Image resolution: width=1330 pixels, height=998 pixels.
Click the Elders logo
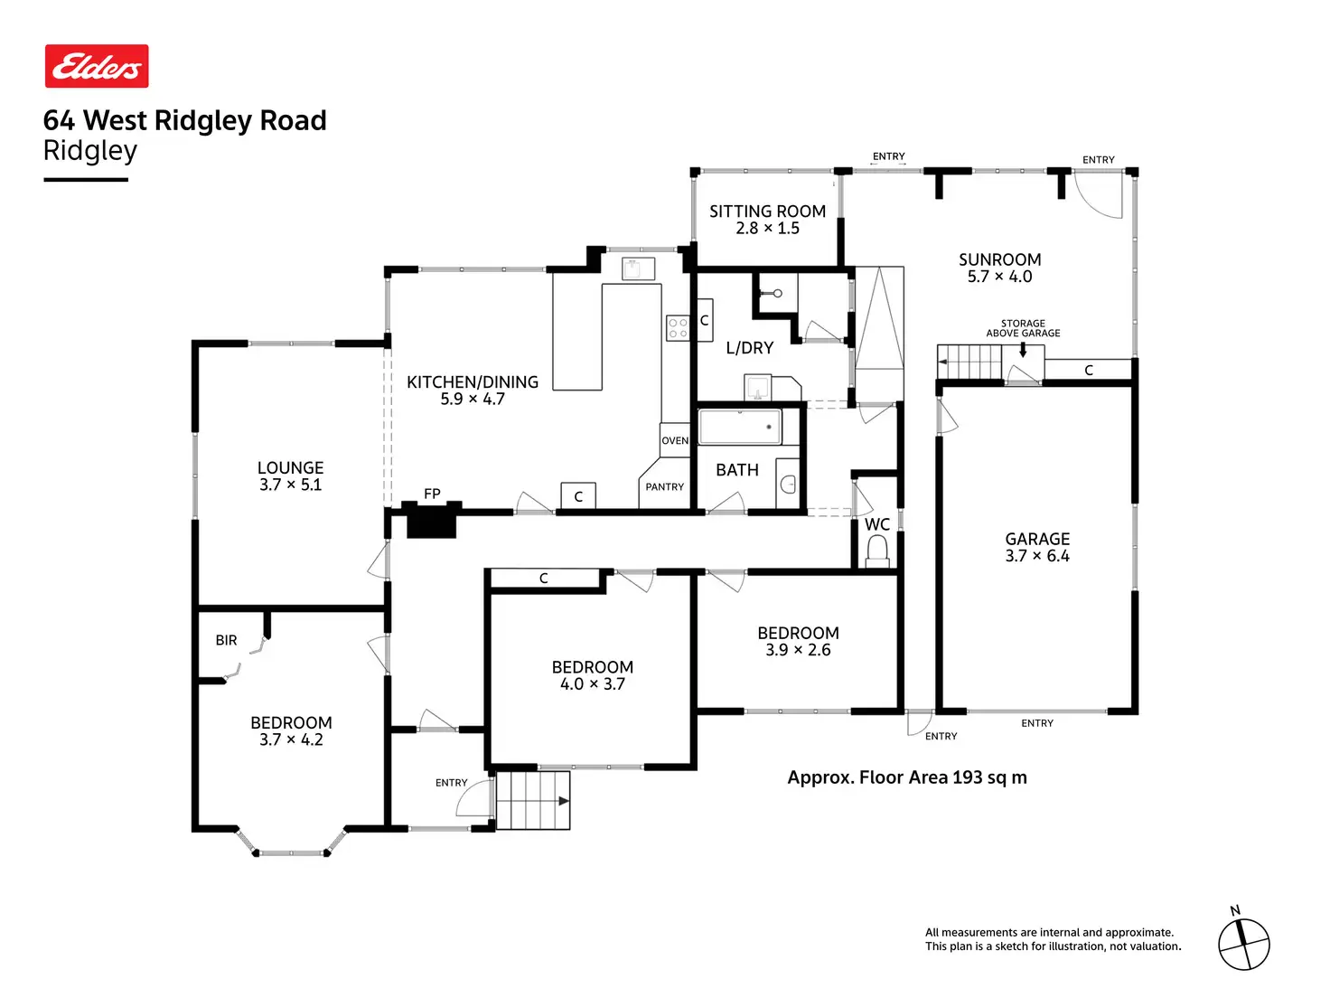[97, 66]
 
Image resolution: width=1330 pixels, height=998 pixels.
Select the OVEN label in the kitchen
[675, 441]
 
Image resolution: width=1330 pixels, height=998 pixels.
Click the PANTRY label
[665, 487]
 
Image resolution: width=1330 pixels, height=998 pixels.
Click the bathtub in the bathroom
[740, 427]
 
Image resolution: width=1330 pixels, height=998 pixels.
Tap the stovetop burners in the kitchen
[678, 328]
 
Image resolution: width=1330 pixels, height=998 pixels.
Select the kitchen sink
[638, 268]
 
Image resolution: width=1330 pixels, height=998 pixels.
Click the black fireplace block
[431, 522]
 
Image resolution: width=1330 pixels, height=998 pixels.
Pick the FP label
[432, 494]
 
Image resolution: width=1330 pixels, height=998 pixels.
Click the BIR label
[226, 641]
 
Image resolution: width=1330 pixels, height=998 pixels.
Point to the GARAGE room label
[1037, 539]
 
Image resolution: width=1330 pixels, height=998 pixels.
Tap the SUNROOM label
[999, 259]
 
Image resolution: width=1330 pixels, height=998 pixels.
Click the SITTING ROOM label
[767, 212]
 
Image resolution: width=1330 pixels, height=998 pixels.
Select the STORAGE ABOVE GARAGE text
[1023, 328]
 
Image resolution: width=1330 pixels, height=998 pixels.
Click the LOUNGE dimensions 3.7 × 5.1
[290, 485]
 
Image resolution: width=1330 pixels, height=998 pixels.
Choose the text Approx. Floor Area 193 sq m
[907, 777]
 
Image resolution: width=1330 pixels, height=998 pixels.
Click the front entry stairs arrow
[563, 801]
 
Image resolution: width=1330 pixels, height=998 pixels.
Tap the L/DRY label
[750, 348]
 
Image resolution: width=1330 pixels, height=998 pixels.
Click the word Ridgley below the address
[90, 151]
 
